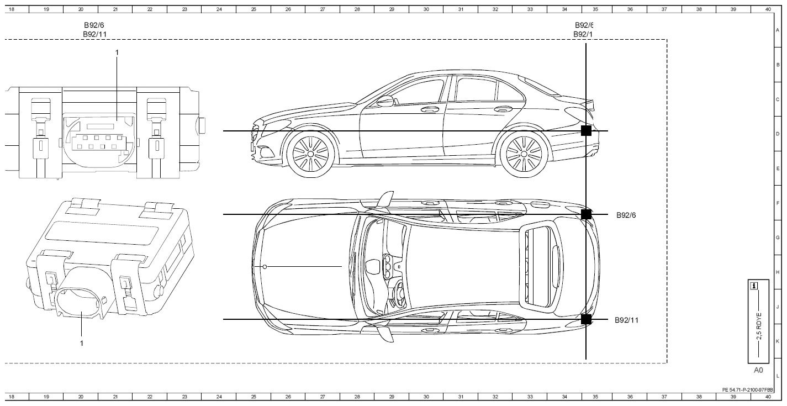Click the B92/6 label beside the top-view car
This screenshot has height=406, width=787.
[x=626, y=215]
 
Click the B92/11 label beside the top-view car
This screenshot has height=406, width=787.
[x=626, y=320]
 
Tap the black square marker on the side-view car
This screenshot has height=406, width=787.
[x=586, y=131]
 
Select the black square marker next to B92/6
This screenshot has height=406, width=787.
[x=586, y=214]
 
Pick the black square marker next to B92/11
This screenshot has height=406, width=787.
[x=586, y=319]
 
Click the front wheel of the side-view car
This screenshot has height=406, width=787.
[x=310, y=154]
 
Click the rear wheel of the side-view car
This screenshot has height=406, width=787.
[x=524, y=154]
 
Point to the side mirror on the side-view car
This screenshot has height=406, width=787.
[x=385, y=101]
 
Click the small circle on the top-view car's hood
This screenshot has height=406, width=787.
[x=265, y=267]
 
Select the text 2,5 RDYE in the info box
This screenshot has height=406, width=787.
[x=759, y=326]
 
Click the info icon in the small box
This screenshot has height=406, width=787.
[x=754, y=286]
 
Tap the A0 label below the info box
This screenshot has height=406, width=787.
[x=758, y=370]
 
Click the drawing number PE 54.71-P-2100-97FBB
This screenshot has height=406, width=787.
[x=748, y=390]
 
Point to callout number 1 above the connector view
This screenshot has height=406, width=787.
[x=117, y=52]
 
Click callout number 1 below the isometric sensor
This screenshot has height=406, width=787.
[x=82, y=343]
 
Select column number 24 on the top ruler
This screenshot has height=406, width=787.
[x=219, y=9]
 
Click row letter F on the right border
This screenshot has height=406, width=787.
[x=778, y=203]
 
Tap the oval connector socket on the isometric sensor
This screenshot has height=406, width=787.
[x=80, y=302]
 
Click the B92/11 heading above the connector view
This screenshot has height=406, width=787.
[x=94, y=34]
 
